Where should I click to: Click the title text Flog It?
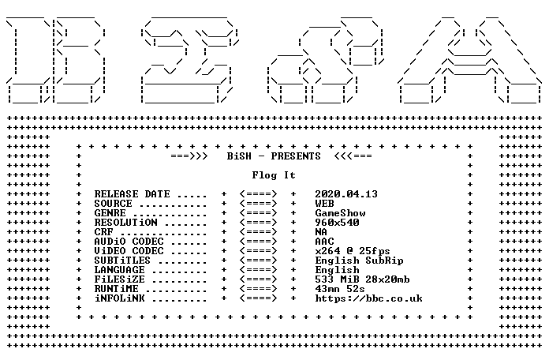pos(274,175)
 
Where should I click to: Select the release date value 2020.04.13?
pos(346,194)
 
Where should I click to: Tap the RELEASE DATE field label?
pos(132,194)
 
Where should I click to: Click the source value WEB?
pos(324,204)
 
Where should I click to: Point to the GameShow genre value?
pos(340,213)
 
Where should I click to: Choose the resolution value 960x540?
pos(337,223)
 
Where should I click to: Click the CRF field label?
pos(103,231)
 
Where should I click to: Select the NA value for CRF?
pos(321,231)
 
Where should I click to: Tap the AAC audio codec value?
pos(324,241)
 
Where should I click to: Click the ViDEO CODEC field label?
pos(129,250)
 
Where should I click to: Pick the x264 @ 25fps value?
pos(353,250)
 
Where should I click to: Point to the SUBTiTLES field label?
pos(122,260)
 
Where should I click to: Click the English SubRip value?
pos(359,261)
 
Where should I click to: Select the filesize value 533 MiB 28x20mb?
pos(362,279)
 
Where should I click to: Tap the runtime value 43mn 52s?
pos(340,288)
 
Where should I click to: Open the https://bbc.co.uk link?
pos(368,298)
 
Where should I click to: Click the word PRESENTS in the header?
pos(296,156)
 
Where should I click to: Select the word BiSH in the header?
pos(239,156)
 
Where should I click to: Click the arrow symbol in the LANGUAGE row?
pos(259,269)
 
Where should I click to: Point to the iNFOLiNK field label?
pos(119,298)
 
